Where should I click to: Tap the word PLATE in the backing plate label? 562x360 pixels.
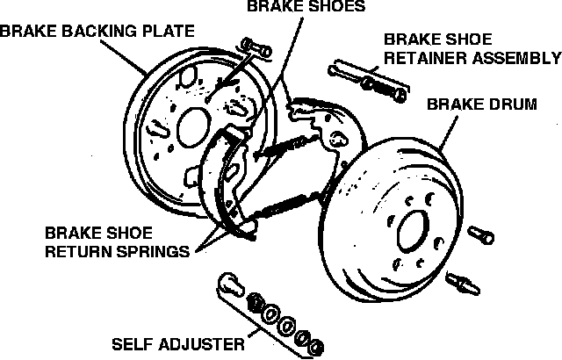(166, 32)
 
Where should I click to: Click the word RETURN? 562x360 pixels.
(72, 251)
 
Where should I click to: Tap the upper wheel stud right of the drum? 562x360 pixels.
(482, 234)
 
